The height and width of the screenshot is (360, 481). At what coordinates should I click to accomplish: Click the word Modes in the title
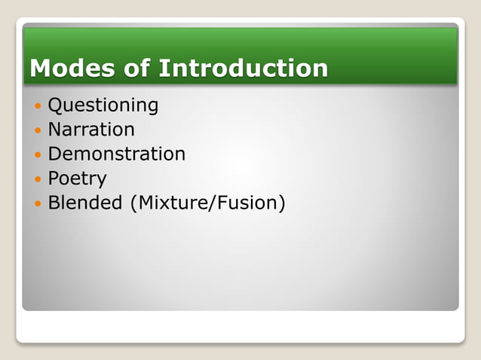[x=64, y=69]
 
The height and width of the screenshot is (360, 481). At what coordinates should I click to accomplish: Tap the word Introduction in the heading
[x=244, y=69]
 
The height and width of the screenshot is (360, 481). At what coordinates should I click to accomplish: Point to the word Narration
[x=91, y=130]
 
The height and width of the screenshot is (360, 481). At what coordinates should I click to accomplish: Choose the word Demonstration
[x=117, y=154]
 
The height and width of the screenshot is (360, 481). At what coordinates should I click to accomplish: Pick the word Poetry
[x=77, y=179]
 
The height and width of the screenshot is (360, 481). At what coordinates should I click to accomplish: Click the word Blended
[x=85, y=203]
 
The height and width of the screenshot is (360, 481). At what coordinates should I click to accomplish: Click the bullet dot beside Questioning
[x=38, y=106]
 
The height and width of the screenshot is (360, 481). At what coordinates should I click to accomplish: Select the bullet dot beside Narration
[x=38, y=131]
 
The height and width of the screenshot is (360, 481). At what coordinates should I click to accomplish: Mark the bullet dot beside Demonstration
[x=38, y=155]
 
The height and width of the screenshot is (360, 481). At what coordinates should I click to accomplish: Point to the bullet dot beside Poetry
[x=38, y=180]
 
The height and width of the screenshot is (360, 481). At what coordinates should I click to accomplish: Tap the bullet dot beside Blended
[x=38, y=204]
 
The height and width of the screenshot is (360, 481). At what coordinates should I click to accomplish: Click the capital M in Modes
[x=39, y=69]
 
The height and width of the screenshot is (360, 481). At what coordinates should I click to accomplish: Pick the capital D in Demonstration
[x=54, y=154]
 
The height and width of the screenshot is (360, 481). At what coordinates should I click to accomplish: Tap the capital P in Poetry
[x=53, y=179]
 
